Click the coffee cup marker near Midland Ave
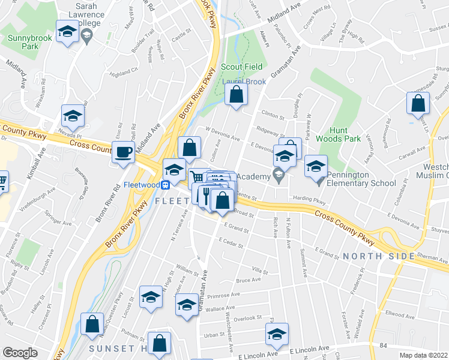(x=124, y=152)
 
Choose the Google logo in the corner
(x=20, y=353)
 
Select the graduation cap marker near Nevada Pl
(x=73, y=116)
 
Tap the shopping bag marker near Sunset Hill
(x=160, y=344)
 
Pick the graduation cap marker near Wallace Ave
(x=187, y=305)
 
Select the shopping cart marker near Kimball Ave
(x=2, y=181)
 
